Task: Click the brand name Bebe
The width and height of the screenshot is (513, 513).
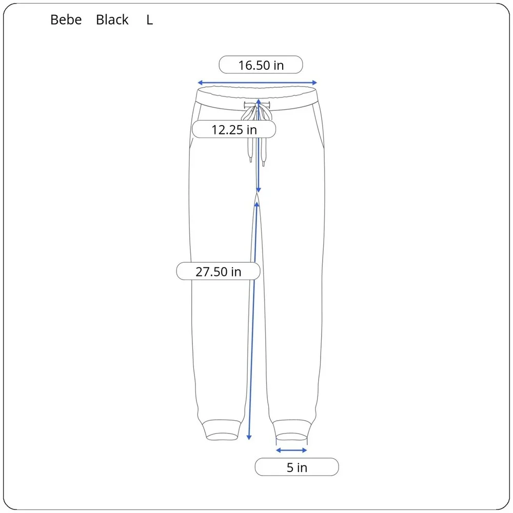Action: (66, 20)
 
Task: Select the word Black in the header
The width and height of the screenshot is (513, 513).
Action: (112, 20)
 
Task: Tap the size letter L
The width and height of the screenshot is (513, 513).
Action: (149, 21)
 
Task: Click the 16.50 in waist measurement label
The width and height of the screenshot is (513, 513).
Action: (261, 65)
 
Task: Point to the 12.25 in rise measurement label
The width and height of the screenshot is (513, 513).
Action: (234, 129)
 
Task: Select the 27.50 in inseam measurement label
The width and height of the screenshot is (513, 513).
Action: (218, 271)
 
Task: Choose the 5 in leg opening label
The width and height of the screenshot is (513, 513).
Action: (297, 467)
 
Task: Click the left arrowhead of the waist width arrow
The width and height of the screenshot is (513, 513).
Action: (200, 83)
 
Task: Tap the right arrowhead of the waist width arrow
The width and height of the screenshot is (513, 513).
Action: (314, 83)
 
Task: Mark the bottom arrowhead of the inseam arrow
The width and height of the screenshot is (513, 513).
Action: (249, 438)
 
